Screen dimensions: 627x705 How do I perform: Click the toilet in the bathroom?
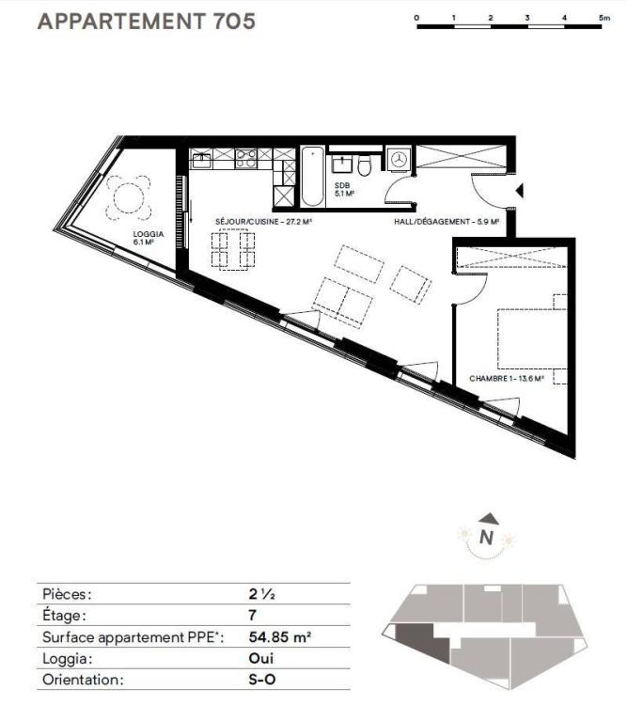365,165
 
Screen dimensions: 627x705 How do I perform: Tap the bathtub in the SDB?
312,177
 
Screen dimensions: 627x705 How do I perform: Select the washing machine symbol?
399,158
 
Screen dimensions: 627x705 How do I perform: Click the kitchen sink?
201,159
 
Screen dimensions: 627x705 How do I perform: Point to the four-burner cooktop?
246,159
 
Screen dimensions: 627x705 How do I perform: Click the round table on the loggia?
128,197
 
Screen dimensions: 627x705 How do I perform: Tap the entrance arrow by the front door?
520,191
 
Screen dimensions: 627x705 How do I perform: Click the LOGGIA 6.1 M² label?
149,238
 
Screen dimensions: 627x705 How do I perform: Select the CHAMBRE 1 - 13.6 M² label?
507,379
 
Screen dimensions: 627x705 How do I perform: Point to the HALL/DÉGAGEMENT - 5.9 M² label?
447,222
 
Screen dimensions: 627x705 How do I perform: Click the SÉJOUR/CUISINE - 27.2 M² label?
263,222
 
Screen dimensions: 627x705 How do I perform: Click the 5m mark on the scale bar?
604,18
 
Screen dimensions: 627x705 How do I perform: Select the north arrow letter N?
486,538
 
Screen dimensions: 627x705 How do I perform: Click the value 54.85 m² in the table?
280,636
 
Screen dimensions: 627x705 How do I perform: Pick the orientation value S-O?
261,680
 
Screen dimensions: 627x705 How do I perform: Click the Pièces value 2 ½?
261,594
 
